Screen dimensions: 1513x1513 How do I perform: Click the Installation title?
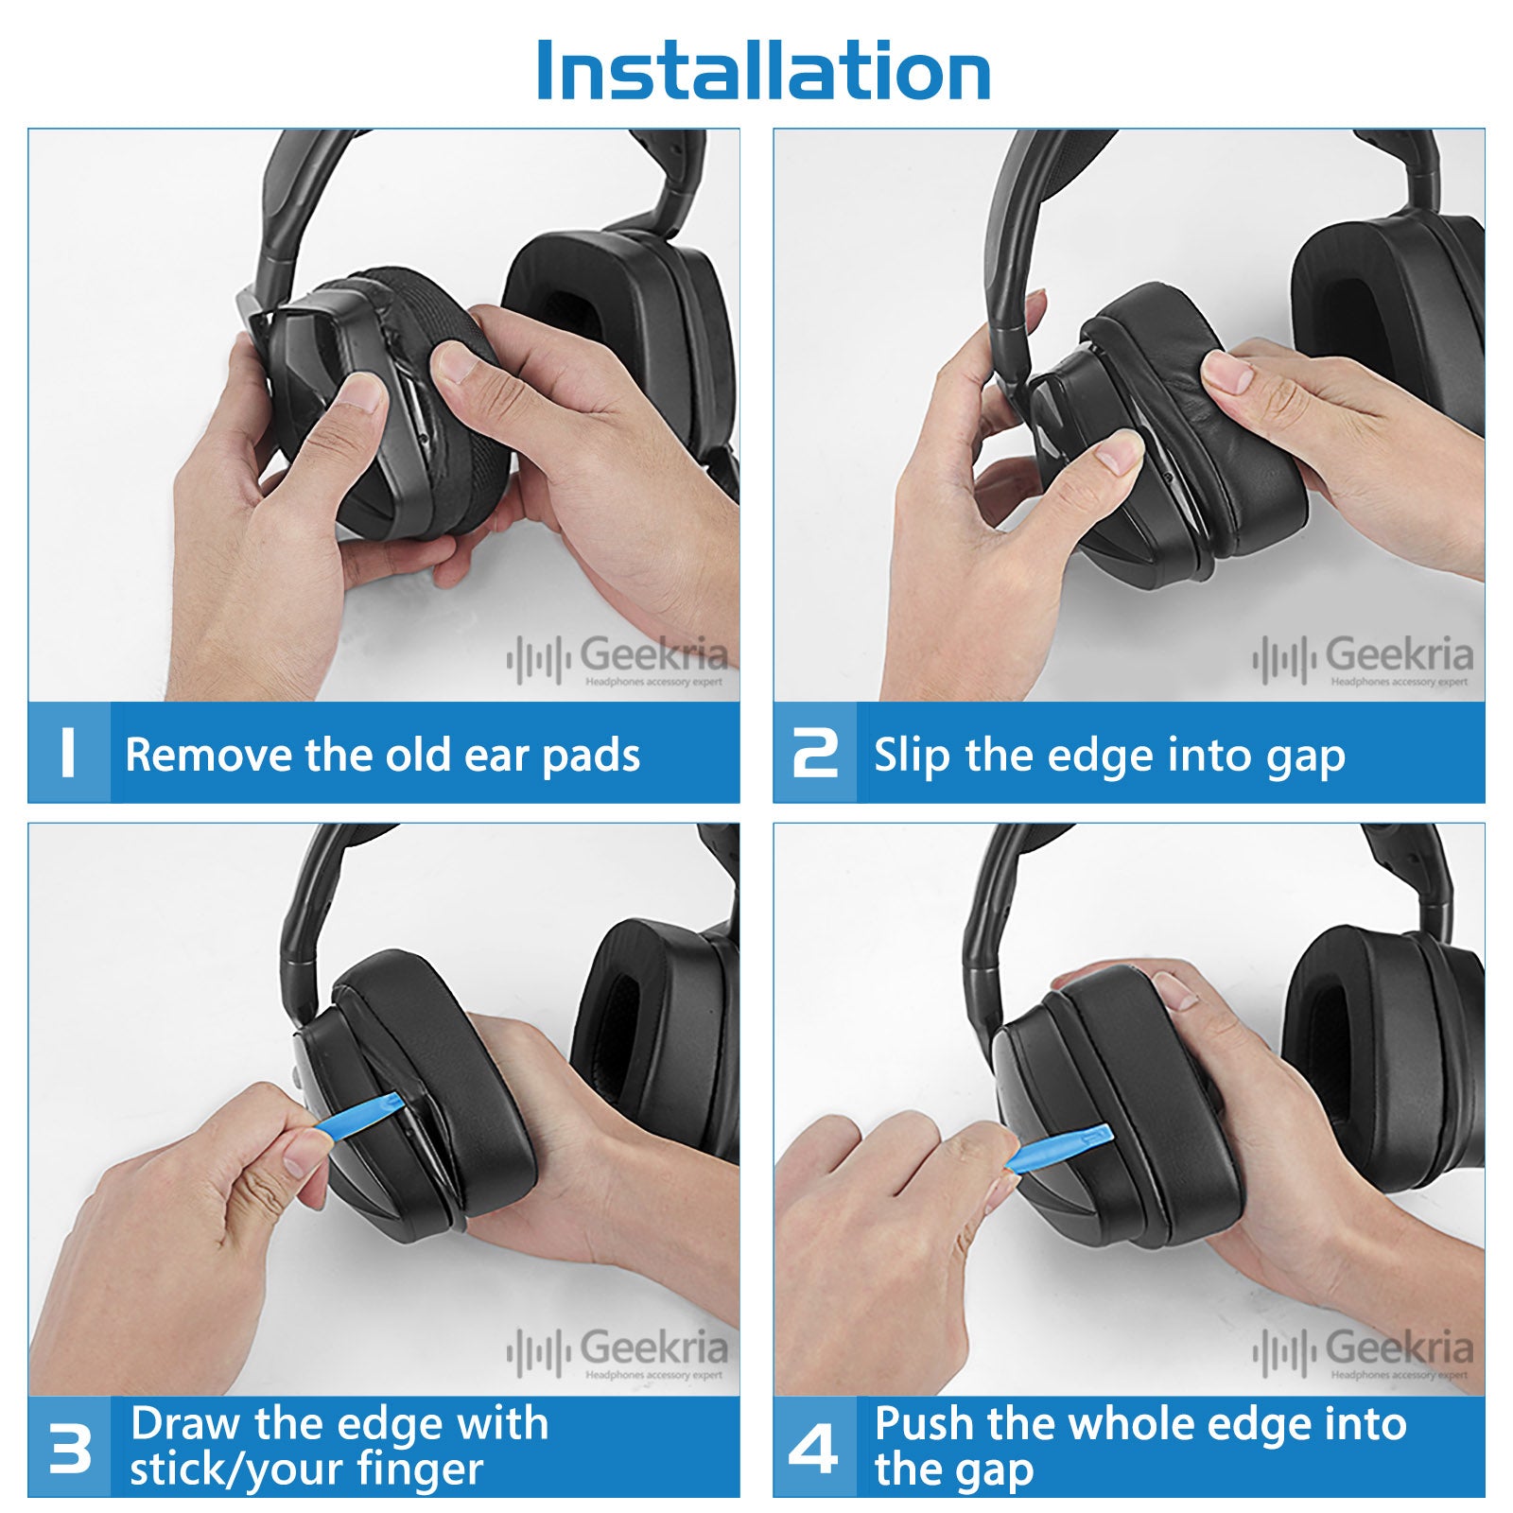click(763, 71)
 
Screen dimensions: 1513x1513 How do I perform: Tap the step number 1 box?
click(69, 753)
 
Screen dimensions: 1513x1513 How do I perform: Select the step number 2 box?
click(815, 753)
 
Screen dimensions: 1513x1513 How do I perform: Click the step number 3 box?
click(69, 1447)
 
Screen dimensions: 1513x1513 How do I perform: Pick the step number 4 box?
click(815, 1447)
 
